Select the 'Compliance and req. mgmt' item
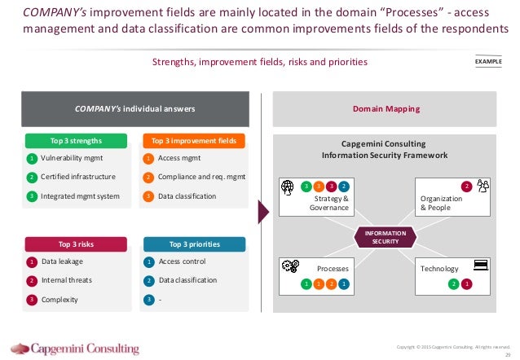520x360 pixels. (201, 177)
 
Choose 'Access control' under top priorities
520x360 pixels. (183, 261)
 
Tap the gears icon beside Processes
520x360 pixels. (291, 266)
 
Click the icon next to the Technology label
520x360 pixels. (479, 265)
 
